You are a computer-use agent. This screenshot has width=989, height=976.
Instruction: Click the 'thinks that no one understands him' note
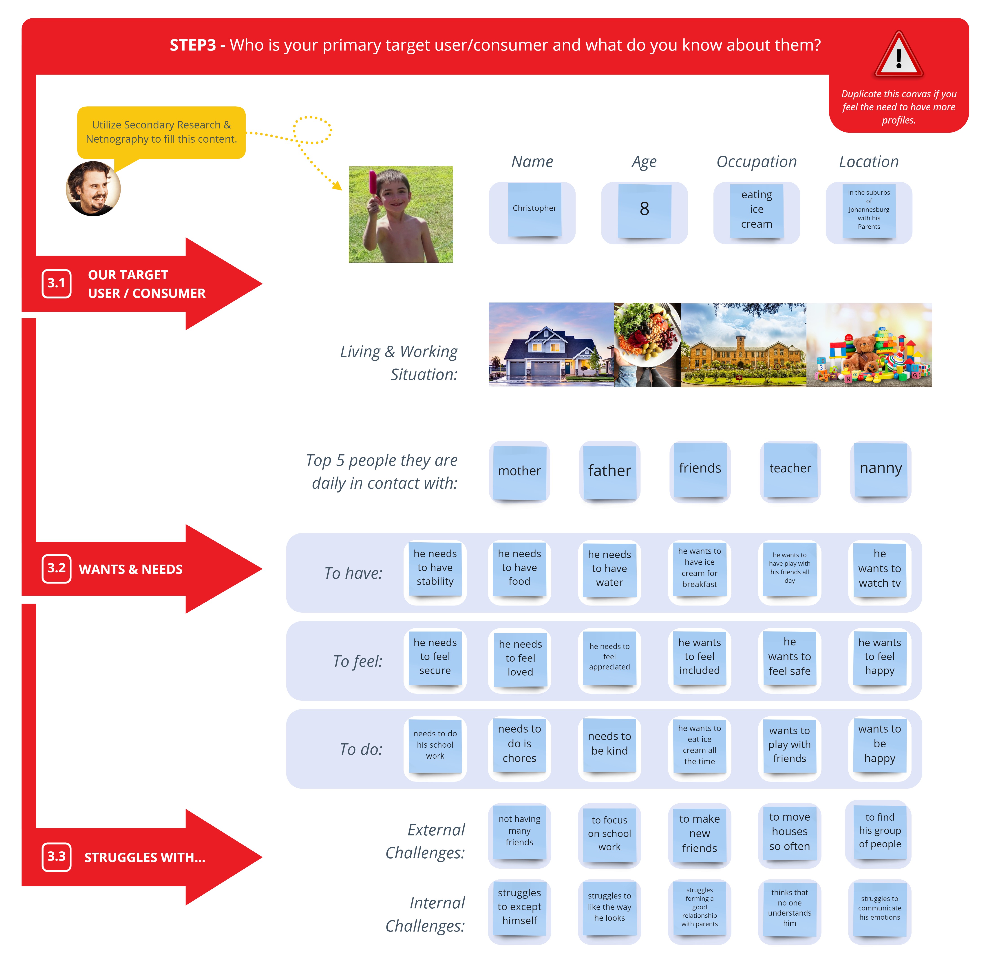pos(789,908)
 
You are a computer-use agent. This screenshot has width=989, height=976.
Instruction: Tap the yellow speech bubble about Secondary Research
pos(161,132)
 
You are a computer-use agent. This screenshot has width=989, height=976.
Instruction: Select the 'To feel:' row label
pos(357,661)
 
